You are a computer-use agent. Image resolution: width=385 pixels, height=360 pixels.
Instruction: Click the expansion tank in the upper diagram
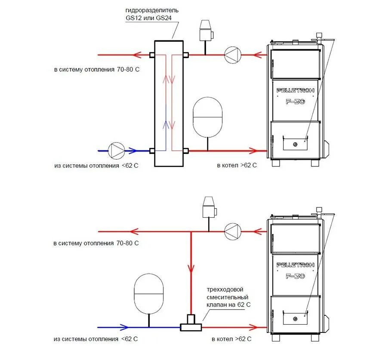(x=208, y=117)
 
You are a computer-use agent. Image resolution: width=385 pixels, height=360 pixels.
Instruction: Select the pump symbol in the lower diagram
(x=233, y=231)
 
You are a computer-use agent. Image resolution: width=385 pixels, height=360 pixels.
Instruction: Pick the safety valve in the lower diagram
(x=209, y=208)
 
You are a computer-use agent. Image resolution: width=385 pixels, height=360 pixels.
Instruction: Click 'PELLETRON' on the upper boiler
(x=296, y=90)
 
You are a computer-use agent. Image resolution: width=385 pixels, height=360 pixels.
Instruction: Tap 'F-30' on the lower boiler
(x=296, y=276)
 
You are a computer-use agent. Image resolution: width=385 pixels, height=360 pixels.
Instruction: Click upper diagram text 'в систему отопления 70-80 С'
(x=97, y=69)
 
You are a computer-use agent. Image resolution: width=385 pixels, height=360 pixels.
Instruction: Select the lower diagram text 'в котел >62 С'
(x=231, y=339)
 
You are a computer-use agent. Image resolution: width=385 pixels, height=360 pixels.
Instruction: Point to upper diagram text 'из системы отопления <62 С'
(x=97, y=165)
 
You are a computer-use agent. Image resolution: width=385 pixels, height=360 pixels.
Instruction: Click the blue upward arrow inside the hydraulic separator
(x=165, y=125)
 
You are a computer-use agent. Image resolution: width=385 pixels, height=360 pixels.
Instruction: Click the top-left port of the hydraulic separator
(x=152, y=55)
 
